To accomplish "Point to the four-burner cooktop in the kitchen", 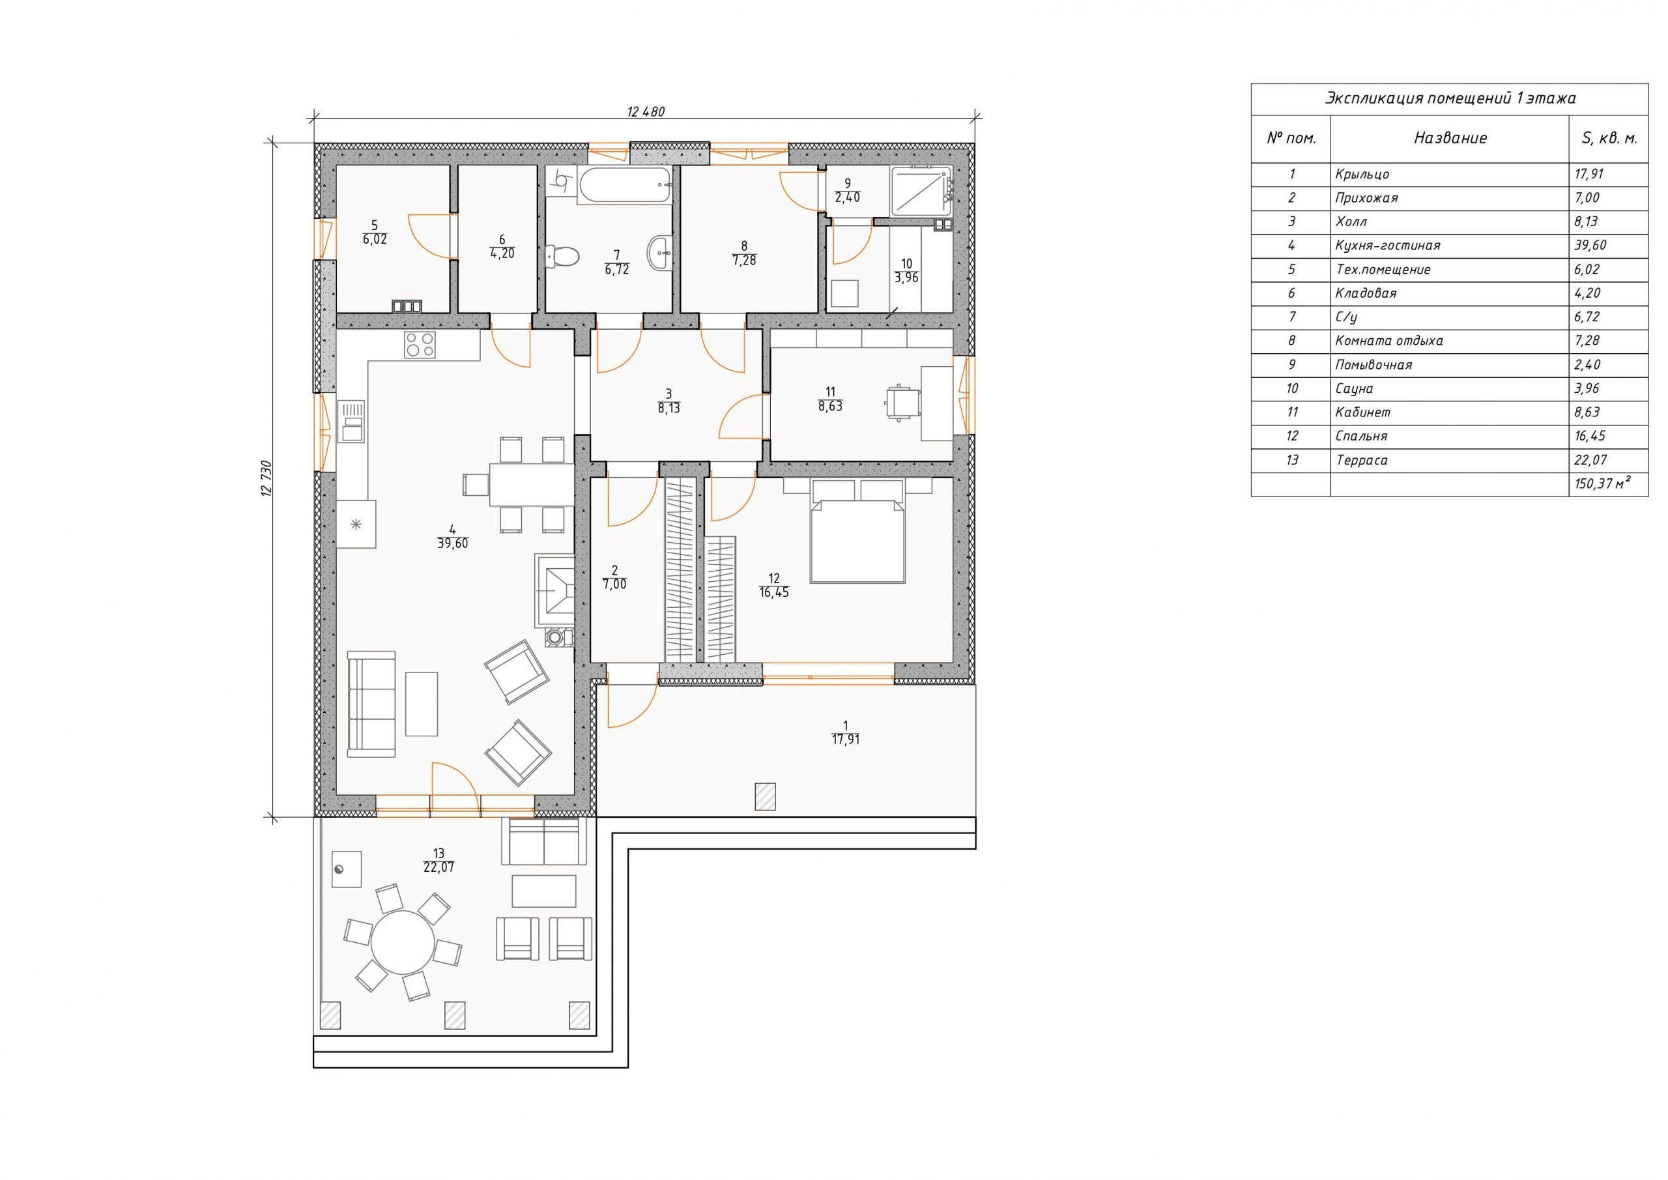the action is coord(420,345).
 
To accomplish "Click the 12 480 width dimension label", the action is coord(645,112).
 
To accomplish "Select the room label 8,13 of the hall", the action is coord(669,409).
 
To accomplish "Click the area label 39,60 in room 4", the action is coord(453,543).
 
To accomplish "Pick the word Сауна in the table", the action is coord(1354,389).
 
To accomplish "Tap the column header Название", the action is coord(1450,138).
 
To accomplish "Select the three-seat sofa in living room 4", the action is coord(371,704).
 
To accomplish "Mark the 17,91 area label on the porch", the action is coord(846,740).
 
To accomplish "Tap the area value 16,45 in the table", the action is coord(1590,437).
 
